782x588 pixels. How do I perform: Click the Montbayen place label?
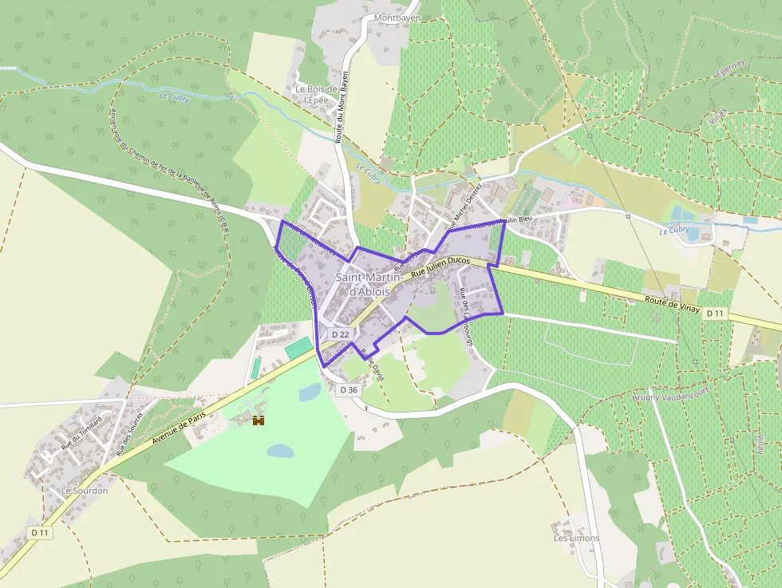397,17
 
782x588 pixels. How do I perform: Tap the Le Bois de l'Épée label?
317,95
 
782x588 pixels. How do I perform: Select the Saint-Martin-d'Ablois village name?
363,284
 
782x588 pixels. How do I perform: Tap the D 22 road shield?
341,333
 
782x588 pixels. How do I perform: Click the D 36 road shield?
348,390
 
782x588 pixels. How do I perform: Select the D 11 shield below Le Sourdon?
40,532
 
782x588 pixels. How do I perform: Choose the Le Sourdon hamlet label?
84,491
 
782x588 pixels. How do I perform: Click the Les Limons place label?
576,539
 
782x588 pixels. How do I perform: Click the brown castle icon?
259,420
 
